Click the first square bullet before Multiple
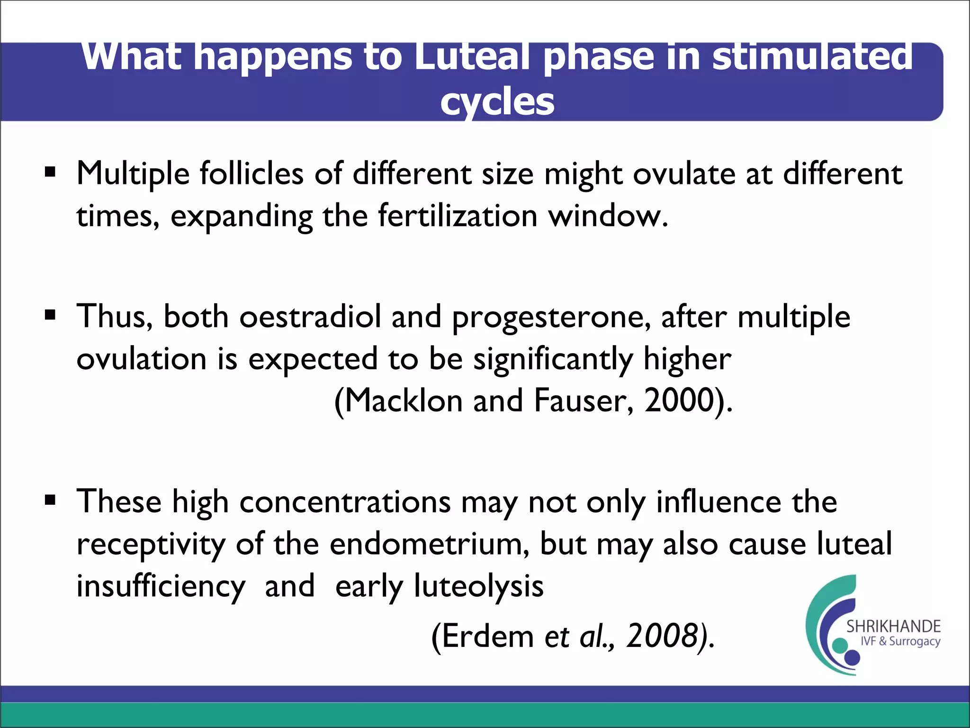click(50, 172)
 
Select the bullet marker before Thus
click(50, 315)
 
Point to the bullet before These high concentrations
click(50, 500)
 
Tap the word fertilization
click(458, 216)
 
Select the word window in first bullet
click(608, 216)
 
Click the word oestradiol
click(310, 317)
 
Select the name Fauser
click(583, 400)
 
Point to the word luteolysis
click(478, 587)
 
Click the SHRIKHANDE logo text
click(893, 627)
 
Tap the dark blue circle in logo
click(852, 657)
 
